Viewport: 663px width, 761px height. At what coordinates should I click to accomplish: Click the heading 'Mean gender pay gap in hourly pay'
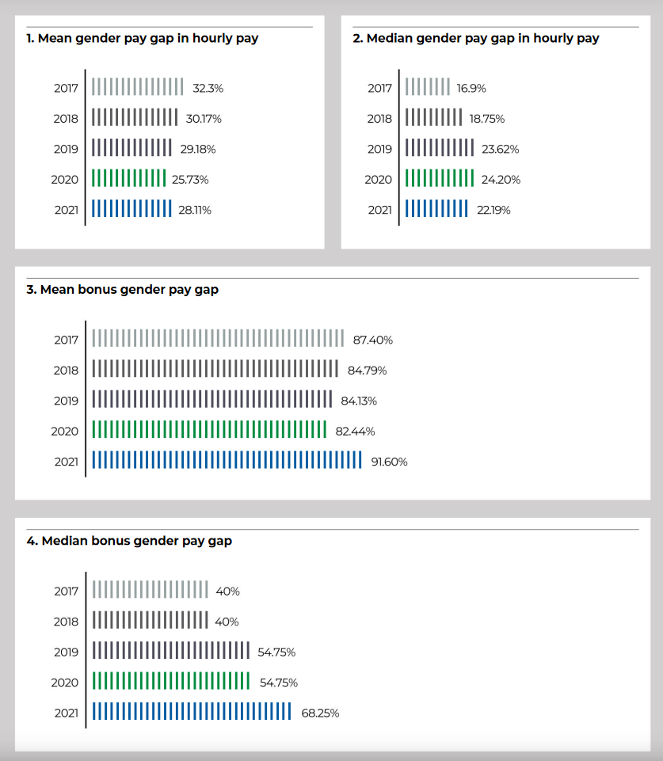(x=148, y=38)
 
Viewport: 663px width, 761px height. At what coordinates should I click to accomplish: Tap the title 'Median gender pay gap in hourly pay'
(x=483, y=38)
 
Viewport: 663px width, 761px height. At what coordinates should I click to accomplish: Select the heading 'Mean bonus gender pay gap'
(x=129, y=290)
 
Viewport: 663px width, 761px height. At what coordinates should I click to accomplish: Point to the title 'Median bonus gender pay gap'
(x=137, y=541)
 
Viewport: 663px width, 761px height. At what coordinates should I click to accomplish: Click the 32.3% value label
(x=208, y=89)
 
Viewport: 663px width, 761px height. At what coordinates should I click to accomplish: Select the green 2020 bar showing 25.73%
(x=128, y=178)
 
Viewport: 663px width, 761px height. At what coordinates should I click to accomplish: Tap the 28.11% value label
(x=195, y=210)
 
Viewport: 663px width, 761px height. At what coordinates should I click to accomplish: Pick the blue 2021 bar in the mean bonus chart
(x=227, y=460)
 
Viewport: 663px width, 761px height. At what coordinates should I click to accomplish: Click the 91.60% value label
(x=389, y=462)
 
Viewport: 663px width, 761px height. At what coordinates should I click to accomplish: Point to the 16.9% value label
(x=471, y=89)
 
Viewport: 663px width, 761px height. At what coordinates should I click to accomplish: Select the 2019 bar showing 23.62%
(x=440, y=147)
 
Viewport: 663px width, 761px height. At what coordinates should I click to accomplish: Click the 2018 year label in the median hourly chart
(x=379, y=119)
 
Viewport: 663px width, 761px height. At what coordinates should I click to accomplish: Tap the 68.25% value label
(x=320, y=713)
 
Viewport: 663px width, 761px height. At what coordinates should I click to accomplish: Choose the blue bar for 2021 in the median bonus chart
(x=192, y=711)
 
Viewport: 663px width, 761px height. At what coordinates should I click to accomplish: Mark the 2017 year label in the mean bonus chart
(x=66, y=340)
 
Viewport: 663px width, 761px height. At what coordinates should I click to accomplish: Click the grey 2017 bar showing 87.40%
(x=218, y=338)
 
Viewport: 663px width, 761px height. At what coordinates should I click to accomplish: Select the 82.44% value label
(x=356, y=432)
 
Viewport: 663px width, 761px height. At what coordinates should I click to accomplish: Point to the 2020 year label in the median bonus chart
(x=64, y=683)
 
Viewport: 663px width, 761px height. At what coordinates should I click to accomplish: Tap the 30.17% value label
(x=204, y=119)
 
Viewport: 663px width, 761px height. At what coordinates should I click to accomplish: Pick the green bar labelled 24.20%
(x=440, y=178)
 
